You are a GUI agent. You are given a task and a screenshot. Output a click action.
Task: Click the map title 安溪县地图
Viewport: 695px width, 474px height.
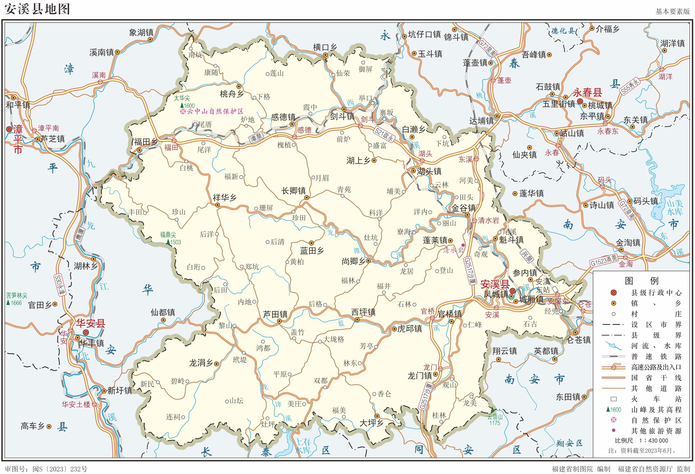(x=37, y=9)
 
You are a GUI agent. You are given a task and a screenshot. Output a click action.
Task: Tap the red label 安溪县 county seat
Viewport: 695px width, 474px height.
(x=495, y=284)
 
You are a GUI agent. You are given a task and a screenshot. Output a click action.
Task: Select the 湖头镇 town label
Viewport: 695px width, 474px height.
(x=429, y=171)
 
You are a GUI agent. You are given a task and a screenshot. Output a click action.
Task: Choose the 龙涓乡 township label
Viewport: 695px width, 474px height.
(x=201, y=363)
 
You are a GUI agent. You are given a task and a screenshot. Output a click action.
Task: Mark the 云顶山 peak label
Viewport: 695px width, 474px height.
(x=495, y=416)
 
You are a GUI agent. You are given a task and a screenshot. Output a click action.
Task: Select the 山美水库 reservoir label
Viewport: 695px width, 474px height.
(x=675, y=208)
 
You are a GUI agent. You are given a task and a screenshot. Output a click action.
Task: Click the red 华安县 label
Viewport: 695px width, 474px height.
(x=91, y=323)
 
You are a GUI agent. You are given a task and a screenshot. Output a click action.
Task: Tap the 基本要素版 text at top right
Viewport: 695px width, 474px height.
(x=672, y=11)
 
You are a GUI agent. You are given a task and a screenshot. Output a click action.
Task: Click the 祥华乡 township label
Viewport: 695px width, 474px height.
(x=225, y=198)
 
